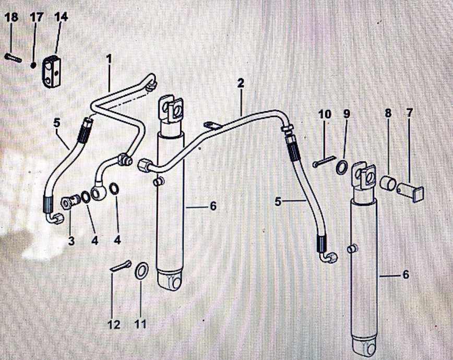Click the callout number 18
pos(11,17)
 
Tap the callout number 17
pos(36,17)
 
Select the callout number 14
pos(61,17)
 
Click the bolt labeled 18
pos(13,57)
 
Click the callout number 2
pos(240,83)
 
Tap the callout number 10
pos(325,113)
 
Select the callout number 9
pos(347,113)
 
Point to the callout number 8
pos(387,113)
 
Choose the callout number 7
pos(409,113)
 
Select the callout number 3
pos(71,241)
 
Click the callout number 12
pos(114,325)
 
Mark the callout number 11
pos(140,325)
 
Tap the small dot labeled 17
pos(33,65)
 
